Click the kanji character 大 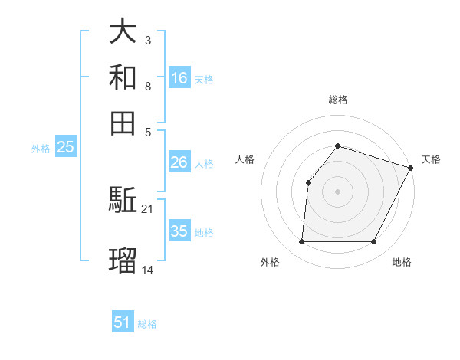pyautogui.click(x=123, y=32)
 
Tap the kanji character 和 pyautogui.click(x=123, y=77)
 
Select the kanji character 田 pyautogui.click(x=123, y=123)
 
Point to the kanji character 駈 pyautogui.click(x=123, y=201)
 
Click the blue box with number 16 pyautogui.click(x=179, y=78)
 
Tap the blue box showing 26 pyautogui.click(x=179, y=162)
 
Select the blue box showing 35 pyautogui.click(x=179, y=231)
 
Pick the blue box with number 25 pyautogui.click(x=65, y=148)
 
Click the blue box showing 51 pyautogui.click(x=123, y=322)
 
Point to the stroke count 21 pyautogui.click(x=148, y=208)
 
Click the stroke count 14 pyautogui.click(x=148, y=270)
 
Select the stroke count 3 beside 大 pyautogui.click(x=148, y=40)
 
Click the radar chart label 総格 pyautogui.click(x=337, y=100)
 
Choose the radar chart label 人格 pyautogui.click(x=245, y=159)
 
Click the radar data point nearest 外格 pyautogui.click(x=301, y=242)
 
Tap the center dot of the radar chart pyautogui.click(x=337, y=191)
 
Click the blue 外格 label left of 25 pyautogui.click(x=40, y=149)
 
